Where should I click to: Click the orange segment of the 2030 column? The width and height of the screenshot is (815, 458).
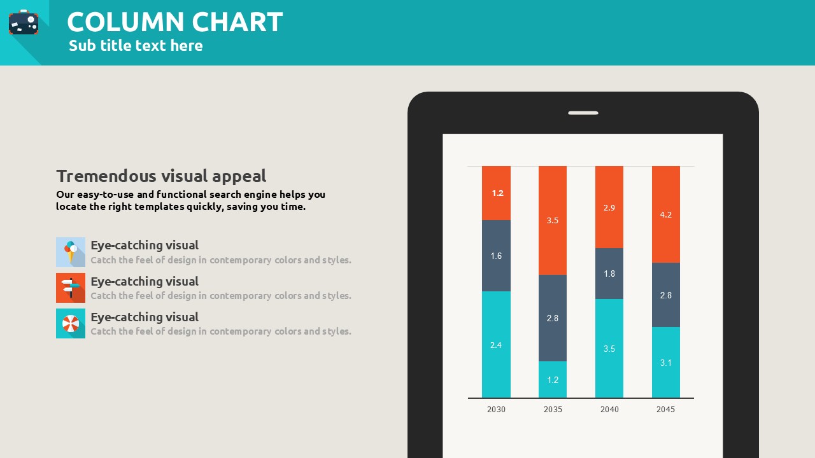click(x=496, y=193)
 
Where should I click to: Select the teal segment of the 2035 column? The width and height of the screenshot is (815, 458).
click(x=553, y=380)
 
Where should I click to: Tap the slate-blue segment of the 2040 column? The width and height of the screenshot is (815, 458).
click(x=609, y=274)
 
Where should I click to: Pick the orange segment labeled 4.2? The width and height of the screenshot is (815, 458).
click(x=666, y=214)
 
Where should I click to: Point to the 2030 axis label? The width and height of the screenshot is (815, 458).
click(x=496, y=410)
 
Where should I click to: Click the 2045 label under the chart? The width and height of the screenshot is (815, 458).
click(x=665, y=410)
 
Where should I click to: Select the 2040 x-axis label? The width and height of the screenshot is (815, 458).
click(x=609, y=410)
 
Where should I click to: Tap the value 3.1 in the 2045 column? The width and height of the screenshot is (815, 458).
click(x=666, y=363)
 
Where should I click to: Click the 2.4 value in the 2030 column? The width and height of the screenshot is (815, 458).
click(x=496, y=345)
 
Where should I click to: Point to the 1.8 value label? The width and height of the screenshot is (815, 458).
click(x=609, y=274)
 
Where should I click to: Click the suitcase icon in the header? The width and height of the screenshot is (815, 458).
click(x=24, y=23)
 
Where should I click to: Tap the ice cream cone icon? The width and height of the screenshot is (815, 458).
click(x=71, y=252)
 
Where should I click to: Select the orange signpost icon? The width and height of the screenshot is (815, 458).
click(x=71, y=288)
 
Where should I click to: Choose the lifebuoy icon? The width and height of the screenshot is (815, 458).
click(x=71, y=324)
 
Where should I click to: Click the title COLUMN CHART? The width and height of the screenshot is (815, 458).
click(x=174, y=22)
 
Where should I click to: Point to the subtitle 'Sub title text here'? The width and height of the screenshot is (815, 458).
click(x=136, y=46)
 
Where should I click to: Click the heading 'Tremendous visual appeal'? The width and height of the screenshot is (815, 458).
click(x=161, y=176)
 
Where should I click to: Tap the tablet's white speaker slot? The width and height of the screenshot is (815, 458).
click(x=583, y=113)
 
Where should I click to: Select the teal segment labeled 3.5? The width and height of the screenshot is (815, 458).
click(x=609, y=349)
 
